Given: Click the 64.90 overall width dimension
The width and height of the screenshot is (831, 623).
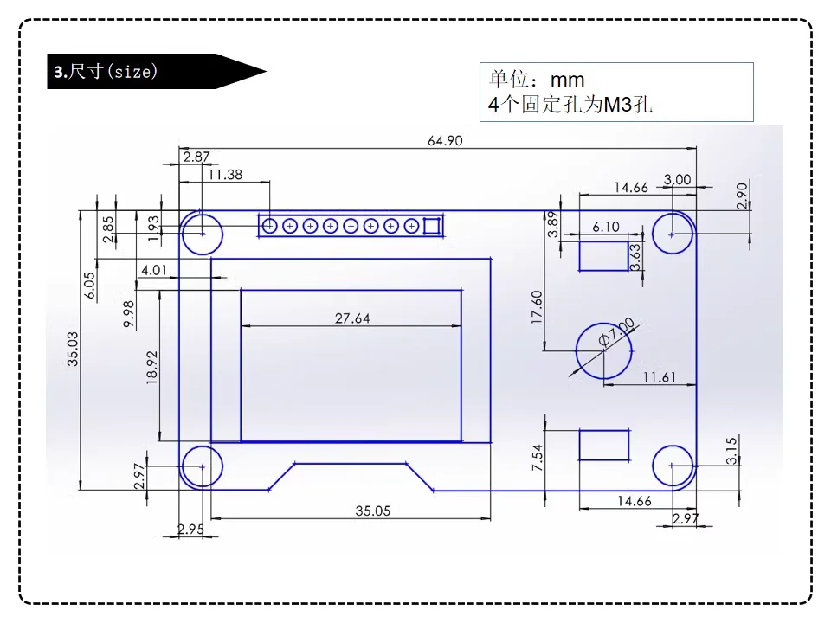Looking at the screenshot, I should [444, 141].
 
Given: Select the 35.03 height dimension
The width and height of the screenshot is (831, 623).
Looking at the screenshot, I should [74, 349].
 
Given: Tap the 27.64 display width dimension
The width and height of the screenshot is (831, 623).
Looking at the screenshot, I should [352, 318].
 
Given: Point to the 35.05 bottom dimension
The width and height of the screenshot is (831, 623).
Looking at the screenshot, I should [372, 511].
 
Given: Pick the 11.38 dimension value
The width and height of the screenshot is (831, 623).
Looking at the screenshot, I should [225, 174].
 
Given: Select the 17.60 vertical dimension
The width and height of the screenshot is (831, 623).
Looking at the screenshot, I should [537, 308].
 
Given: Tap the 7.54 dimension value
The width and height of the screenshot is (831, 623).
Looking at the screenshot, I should [538, 456].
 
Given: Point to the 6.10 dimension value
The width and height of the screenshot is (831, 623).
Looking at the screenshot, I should [606, 227].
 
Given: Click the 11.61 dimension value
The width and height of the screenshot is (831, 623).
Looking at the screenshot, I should [659, 377].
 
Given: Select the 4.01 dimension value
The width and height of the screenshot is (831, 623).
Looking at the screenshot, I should [153, 270].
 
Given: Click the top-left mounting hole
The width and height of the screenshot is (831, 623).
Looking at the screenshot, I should [203, 233].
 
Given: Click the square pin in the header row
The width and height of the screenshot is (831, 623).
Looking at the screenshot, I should [432, 226].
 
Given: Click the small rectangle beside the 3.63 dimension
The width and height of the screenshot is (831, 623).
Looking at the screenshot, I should [603, 256].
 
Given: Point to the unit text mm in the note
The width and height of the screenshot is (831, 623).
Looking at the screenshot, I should [568, 80].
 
